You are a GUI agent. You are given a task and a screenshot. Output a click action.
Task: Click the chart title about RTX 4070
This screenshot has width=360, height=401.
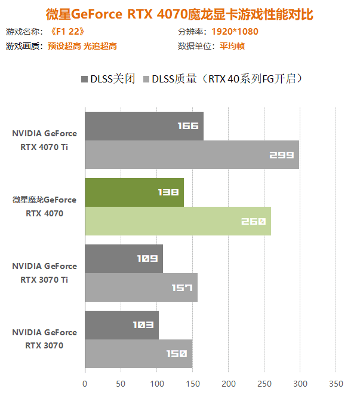[179, 14]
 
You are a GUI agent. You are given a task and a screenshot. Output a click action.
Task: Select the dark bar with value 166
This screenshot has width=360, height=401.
[144, 126]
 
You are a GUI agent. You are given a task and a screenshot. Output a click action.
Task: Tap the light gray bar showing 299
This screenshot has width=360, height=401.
[192, 155]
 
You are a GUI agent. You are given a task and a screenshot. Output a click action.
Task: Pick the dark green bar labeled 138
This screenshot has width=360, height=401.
[134, 192]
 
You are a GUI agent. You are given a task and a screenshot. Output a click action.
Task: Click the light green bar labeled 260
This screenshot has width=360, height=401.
[178, 221]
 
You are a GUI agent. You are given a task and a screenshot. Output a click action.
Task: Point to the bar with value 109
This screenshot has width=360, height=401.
[124, 259]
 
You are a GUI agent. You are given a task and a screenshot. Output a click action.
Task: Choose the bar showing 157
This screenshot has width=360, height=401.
[141, 287]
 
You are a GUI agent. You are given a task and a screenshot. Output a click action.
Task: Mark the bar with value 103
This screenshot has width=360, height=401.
[122, 325]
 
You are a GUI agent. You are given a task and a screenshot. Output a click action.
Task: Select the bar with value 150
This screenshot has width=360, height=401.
[139, 354]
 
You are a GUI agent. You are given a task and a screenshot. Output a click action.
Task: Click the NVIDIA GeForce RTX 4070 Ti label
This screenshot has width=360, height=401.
[44, 140]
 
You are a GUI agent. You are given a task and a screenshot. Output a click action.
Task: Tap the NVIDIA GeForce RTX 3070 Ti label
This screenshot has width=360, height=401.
[44, 273]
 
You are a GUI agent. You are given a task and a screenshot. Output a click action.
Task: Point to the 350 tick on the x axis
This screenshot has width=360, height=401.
[336, 383]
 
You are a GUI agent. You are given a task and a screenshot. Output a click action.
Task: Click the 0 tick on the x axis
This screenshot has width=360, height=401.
[85, 383]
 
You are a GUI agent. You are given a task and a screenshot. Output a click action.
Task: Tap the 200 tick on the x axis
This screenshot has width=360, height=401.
[229, 383]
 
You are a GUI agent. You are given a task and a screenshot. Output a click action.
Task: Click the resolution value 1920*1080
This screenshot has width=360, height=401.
[235, 32]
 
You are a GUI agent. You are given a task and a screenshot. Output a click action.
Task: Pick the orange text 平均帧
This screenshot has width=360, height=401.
[232, 46]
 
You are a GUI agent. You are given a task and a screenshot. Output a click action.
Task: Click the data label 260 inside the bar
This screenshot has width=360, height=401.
[253, 222]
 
